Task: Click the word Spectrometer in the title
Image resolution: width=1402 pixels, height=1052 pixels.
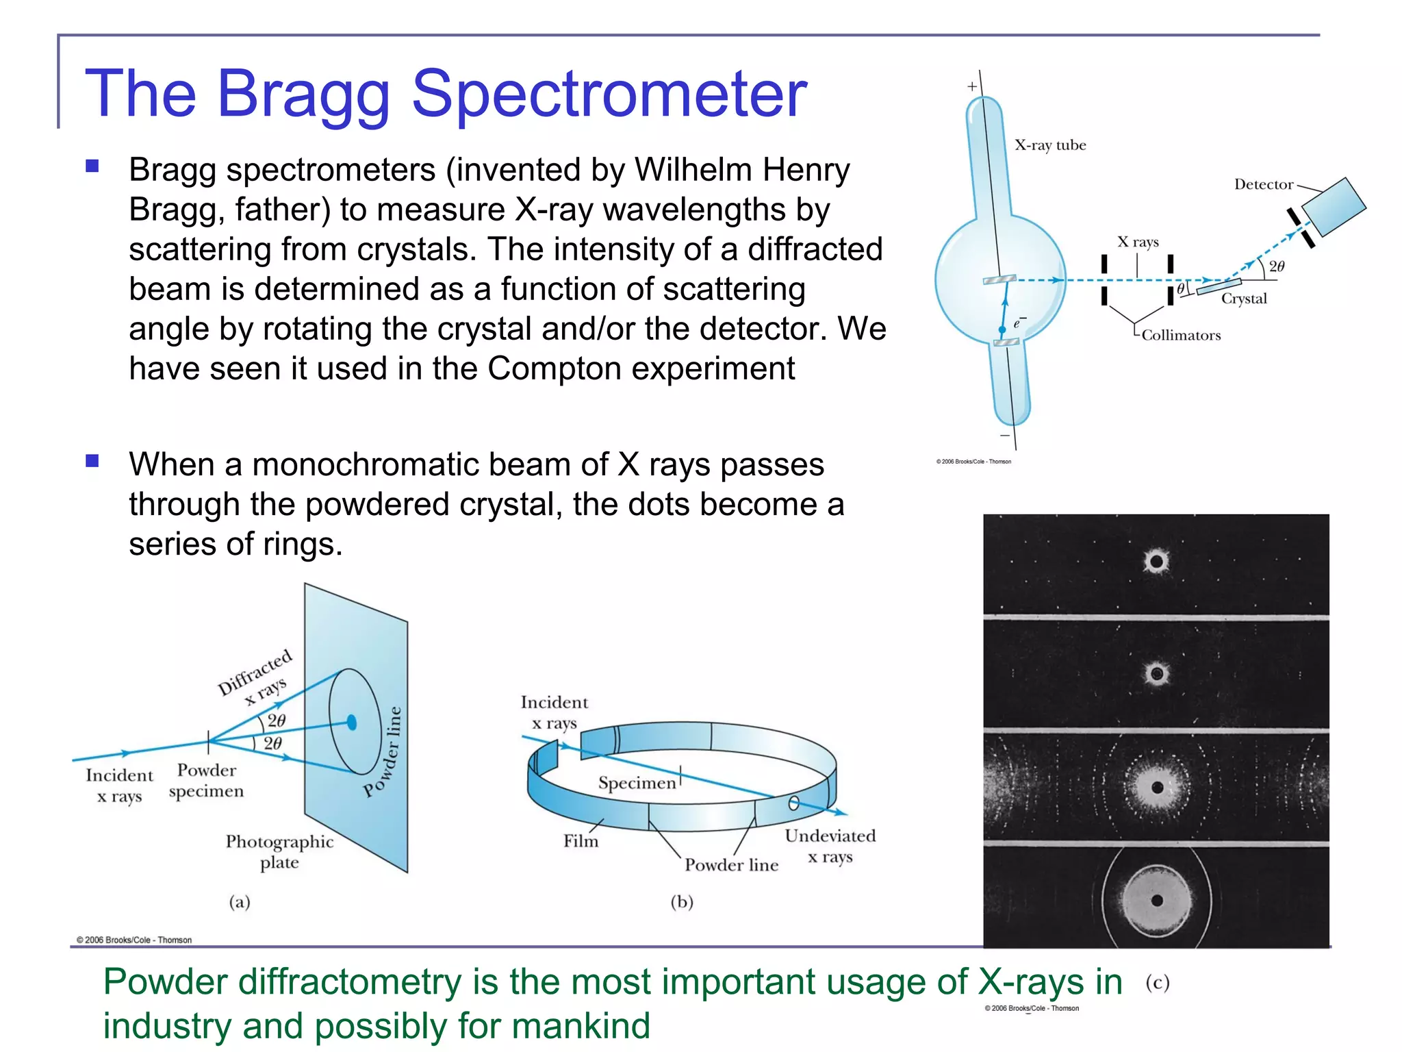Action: click(609, 94)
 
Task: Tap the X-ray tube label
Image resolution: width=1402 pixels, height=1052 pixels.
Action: click(1049, 145)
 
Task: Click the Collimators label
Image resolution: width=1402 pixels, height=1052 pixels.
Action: click(1180, 335)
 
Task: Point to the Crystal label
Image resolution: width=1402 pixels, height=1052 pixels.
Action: click(1243, 299)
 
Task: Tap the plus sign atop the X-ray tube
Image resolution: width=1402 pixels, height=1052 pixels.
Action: click(971, 87)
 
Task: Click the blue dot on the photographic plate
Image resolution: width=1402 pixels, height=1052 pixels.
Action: click(352, 722)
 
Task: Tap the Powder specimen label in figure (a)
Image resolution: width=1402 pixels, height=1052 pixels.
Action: click(206, 781)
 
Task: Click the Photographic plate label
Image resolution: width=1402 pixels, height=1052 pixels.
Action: click(279, 851)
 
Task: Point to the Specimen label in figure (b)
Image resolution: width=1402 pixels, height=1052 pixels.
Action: click(637, 783)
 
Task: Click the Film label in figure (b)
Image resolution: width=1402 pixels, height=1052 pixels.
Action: click(581, 841)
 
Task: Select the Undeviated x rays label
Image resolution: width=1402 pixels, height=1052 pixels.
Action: click(830, 846)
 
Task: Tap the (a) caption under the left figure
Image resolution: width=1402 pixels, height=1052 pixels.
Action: click(240, 901)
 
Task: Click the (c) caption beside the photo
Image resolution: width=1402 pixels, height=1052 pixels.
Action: click(1157, 983)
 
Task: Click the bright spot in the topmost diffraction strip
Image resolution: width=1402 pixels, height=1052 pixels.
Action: click(1156, 562)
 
